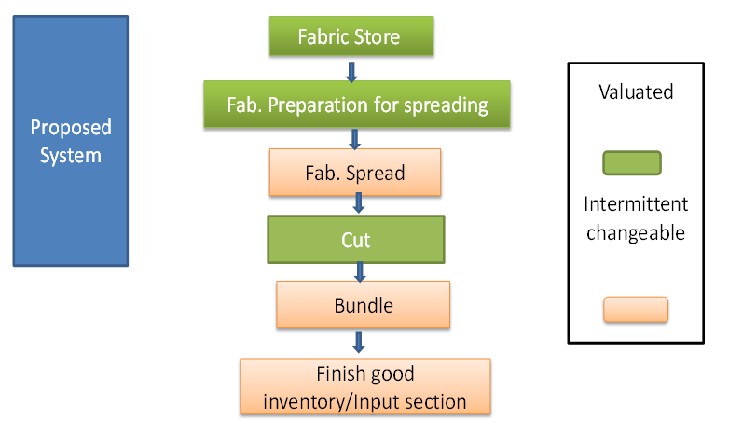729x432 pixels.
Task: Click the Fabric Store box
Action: [x=350, y=37]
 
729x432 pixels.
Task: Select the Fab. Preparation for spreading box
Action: [x=357, y=105]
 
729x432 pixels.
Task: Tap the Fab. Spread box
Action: [x=354, y=174]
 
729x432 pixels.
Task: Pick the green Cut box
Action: [x=355, y=240]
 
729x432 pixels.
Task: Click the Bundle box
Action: [x=364, y=305]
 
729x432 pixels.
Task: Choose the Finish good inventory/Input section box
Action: [x=364, y=387]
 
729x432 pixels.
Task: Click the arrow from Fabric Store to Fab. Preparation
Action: [x=351, y=70]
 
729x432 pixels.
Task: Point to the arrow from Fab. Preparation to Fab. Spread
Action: [x=354, y=138]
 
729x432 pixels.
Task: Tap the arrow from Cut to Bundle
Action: [x=359, y=272]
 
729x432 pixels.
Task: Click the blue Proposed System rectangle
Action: [x=70, y=140]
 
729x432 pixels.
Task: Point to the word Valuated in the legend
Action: [x=636, y=92]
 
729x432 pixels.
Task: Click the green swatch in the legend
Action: [x=631, y=163]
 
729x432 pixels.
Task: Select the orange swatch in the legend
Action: [x=635, y=310]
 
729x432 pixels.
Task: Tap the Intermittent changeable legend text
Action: [x=636, y=218]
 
